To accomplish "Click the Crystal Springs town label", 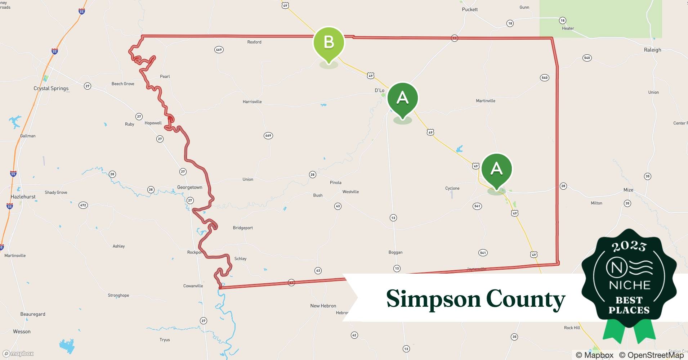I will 51,89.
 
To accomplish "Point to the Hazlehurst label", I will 23,197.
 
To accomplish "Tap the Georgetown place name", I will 189,188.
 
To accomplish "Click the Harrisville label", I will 252,102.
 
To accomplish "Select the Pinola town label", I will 335,183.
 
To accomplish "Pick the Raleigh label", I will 652,50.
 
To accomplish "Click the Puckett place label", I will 470,9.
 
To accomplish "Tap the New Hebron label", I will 323,306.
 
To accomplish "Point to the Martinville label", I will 485,101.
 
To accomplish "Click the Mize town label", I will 628,190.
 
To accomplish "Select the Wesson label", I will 22,332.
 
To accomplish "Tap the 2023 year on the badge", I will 629,246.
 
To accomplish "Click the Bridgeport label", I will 243,228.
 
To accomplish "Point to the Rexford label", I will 254,42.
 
